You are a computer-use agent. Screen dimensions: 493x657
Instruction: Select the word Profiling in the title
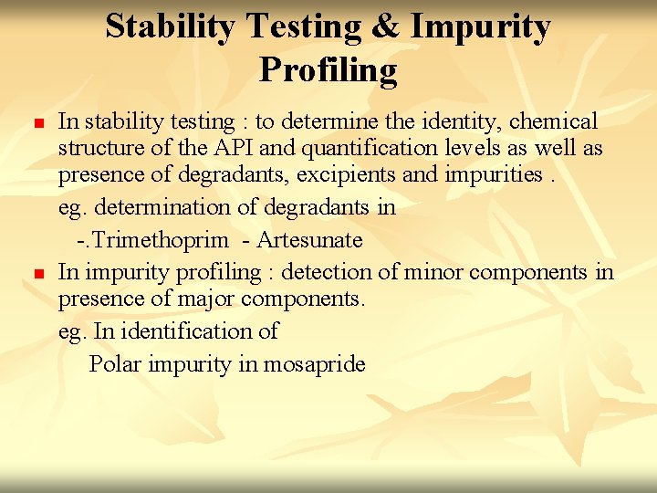point(328,70)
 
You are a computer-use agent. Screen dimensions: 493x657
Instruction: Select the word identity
point(462,121)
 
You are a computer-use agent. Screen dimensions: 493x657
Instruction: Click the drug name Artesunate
point(310,241)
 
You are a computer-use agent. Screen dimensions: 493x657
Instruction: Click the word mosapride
point(315,365)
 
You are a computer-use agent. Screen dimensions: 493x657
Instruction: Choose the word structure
point(98,148)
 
